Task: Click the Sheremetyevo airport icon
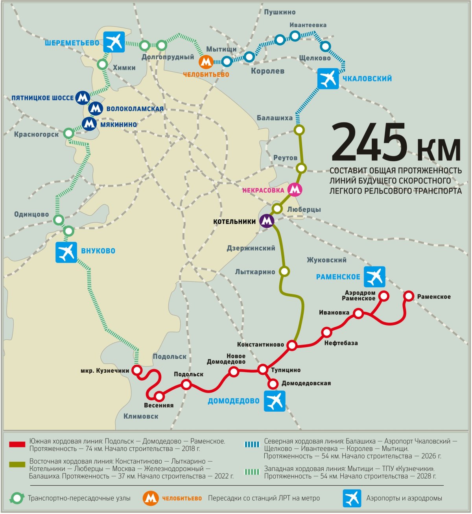(114, 42)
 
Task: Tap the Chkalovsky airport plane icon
(328, 78)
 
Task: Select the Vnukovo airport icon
(66, 252)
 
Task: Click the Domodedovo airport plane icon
(275, 401)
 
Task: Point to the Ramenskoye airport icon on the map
(374, 277)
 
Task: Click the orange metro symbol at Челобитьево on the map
(206, 61)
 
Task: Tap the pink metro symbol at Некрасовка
(295, 190)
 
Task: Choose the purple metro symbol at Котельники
(267, 221)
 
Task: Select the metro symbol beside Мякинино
(89, 124)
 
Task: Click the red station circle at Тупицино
(263, 369)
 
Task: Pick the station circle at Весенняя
(159, 396)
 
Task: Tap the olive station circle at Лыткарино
(284, 271)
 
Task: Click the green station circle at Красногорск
(69, 133)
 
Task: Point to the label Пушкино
(280, 13)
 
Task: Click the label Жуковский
(326, 260)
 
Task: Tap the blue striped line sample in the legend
(252, 445)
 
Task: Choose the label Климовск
(141, 416)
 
